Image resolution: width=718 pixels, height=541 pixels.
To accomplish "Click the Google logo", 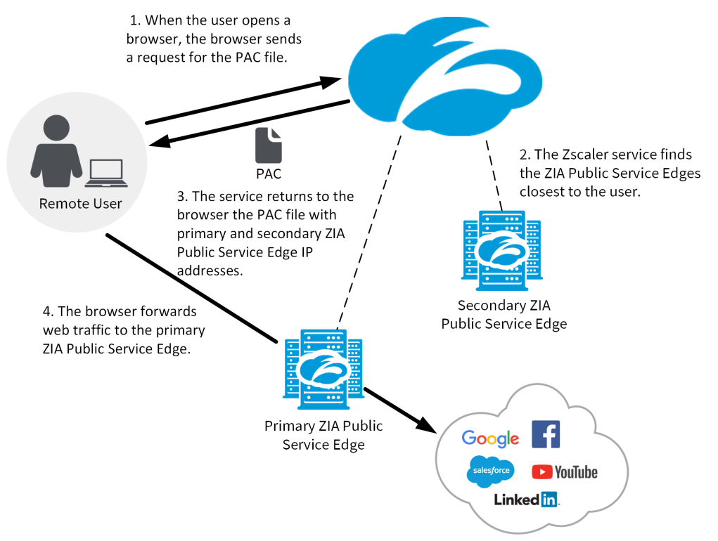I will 490,438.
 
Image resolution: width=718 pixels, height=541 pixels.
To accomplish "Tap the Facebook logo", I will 546,435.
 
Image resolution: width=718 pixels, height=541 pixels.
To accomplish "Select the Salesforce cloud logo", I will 490,471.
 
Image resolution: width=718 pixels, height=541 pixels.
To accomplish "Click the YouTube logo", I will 564,472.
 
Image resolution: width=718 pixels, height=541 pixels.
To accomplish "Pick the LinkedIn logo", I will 526,500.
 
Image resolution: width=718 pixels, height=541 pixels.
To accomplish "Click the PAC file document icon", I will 268,145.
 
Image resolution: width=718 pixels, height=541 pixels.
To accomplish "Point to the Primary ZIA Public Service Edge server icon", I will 323,370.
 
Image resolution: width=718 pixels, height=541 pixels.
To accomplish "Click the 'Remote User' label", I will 80,204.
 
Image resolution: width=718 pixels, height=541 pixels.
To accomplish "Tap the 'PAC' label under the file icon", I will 268,174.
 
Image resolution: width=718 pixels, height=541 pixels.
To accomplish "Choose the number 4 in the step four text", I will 46,311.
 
